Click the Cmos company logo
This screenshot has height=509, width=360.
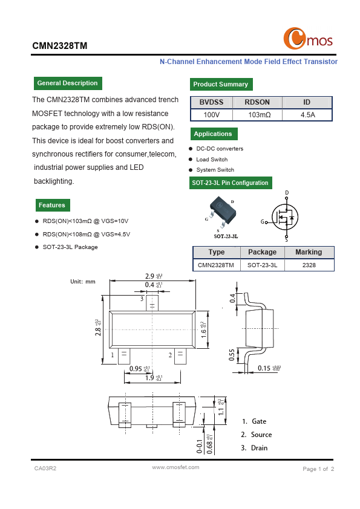pyautogui.click(x=308, y=39)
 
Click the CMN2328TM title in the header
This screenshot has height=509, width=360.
pyautogui.click(x=60, y=45)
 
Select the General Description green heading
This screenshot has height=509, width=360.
pyautogui.click(x=67, y=83)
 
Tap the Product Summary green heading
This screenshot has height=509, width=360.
pyautogui.click(x=220, y=85)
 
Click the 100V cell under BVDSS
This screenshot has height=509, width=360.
pyautogui.click(x=211, y=114)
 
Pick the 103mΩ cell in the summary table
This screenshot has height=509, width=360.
pyautogui.click(x=260, y=114)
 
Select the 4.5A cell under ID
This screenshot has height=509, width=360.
pyautogui.click(x=307, y=114)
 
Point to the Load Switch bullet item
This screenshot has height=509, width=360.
pyautogui.click(x=212, y=160)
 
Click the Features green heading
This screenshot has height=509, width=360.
pyautogui.click(x=52, y=206)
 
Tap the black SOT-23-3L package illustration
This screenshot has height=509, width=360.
pyautogui.click(x=221, y=209)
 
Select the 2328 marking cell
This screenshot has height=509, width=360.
pyautogui.click(x=309, y=265)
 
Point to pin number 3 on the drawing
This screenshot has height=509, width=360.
pyautogui.click(x=142, y=299)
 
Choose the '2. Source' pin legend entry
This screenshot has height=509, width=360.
pyautogui.click(x=256, y=435)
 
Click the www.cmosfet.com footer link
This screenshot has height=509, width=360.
pyautogui.click(x=175, y=467)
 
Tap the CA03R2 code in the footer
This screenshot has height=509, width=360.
pyautogui.click(x=45, y=468)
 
